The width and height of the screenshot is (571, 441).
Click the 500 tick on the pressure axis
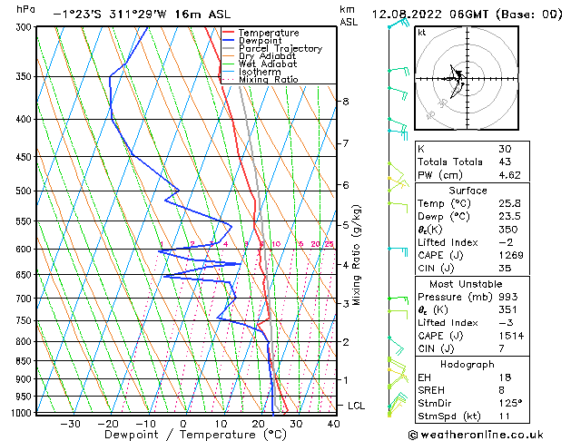(x=23, y=191)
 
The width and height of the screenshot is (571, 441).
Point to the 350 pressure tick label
(x=23, y=77)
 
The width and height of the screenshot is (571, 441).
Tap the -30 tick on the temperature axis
(x=70, y=423)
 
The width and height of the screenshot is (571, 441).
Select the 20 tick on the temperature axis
(x=259, y=423)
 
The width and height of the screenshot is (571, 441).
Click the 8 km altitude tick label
(x=346, y=102)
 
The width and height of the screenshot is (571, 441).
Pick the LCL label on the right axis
(x=357, y=406)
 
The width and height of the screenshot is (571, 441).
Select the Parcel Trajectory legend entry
(x=280, y=49)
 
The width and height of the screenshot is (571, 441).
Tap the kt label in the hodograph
(x=422, y=32)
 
